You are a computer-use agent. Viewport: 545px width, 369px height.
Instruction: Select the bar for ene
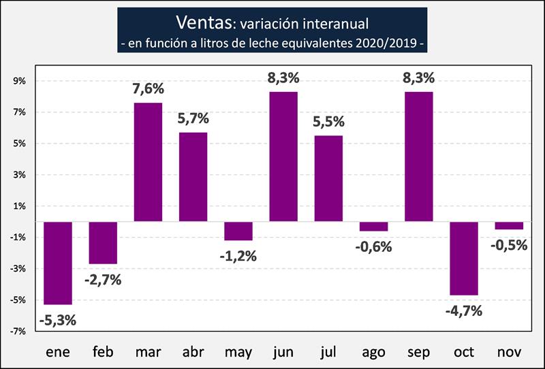coord(58,263)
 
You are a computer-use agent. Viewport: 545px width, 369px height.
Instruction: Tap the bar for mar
coord(148,162)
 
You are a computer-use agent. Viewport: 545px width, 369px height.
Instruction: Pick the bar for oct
coord(464,258)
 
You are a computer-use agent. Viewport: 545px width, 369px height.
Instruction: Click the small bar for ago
coord(373,227)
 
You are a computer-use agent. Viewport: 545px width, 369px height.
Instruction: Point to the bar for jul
coord(328,178)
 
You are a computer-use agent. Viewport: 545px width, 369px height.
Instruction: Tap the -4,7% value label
coord(464,310)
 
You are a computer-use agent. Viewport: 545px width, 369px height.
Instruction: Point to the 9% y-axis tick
coord(18,81)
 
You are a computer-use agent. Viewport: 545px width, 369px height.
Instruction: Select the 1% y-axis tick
coord(18,206)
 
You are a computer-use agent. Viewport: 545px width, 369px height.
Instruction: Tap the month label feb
coord(103,352)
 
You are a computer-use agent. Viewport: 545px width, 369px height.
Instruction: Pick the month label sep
coord(418,353)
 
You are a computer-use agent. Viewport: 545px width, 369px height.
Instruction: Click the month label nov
coord(509,352)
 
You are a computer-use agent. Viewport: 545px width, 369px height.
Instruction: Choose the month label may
coord(238,353)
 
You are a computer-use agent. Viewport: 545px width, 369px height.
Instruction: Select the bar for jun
coord(283,157)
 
